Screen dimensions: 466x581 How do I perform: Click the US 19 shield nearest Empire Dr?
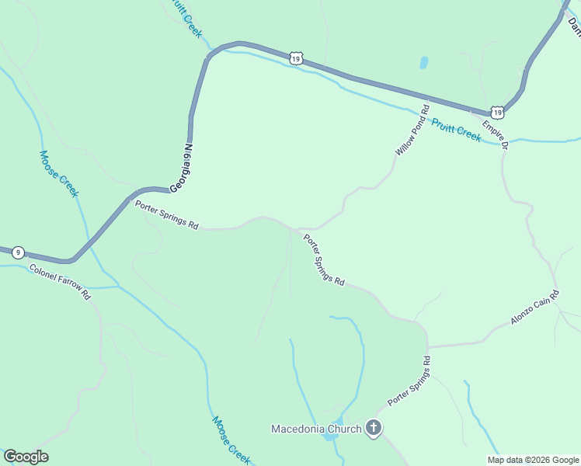coord(497,112)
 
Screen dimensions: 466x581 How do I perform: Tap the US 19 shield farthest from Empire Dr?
coord(295,57)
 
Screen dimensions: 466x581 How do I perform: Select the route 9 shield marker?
coord(19,252)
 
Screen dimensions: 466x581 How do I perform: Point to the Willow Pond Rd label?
coord(412,130)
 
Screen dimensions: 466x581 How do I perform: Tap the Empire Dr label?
coord(495,134)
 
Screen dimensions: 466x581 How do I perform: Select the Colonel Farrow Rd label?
coord(60,282)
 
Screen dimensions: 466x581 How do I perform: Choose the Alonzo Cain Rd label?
coord(535,308)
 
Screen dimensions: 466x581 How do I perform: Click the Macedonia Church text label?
coord(316,429)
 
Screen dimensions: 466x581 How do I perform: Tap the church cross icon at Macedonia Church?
coord(374,428)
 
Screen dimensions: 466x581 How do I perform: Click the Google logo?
coord(26,457)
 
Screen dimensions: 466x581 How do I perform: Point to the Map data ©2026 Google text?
coord(533,460)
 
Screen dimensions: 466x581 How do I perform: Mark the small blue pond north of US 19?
coord(423,62)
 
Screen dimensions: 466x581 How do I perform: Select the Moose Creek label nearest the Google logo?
coord(231,440)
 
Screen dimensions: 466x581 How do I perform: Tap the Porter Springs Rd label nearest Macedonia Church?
coord(409,381)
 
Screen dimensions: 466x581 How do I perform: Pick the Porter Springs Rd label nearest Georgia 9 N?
coord(166,215)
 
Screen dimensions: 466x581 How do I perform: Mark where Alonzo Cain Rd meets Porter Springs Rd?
coord(428,346)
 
